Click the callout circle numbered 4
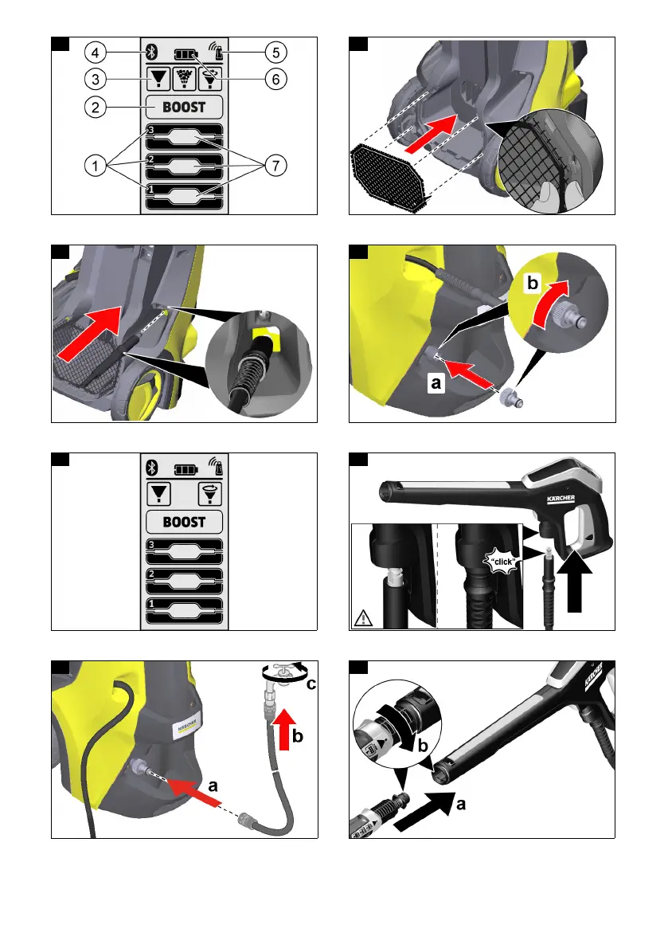(x=95, y=53)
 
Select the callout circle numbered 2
(x=95, y=107)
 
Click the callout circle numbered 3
(x=95, y=80)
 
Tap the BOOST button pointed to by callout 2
(x=184, y=107)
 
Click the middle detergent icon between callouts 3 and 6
(x=184, y=80)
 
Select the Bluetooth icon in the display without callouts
(x=152, y=468)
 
